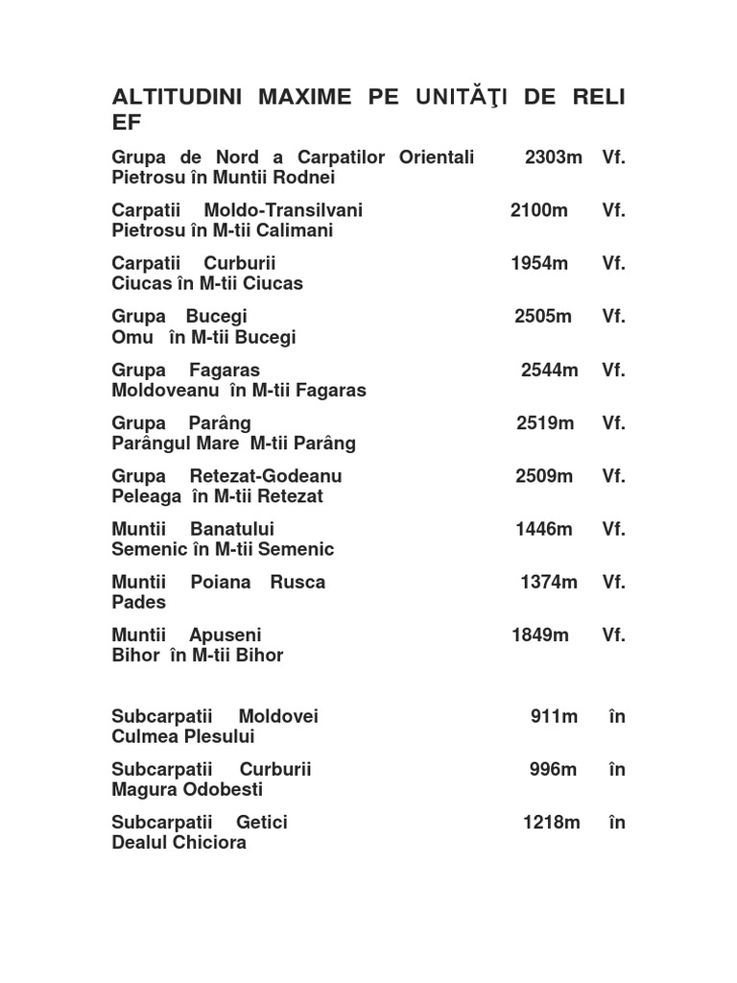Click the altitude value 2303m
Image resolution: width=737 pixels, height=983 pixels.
554,157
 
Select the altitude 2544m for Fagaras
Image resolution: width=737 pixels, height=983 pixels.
550,370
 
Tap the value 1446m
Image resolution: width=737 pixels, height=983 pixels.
544,529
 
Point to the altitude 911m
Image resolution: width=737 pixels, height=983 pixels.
554,716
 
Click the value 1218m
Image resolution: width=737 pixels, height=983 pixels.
551,822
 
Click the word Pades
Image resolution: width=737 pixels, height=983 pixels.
138,602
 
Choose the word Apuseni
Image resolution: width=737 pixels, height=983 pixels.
226,635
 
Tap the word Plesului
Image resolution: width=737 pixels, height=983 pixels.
219,736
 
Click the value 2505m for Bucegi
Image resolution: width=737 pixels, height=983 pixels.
543,317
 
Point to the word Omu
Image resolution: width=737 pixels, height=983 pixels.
132,337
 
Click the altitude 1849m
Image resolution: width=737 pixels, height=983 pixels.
540,635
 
